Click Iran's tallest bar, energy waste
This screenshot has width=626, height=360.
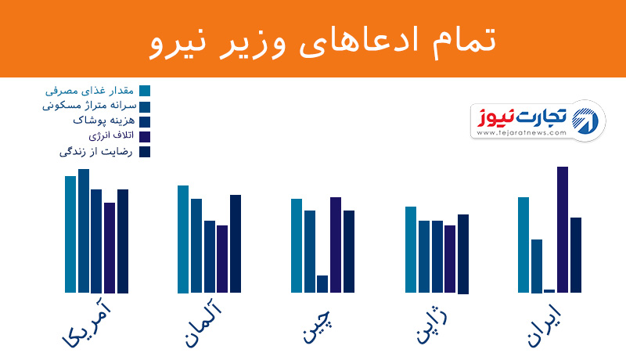[x=563, y=229]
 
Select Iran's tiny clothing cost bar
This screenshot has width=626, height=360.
[x=549, y=291]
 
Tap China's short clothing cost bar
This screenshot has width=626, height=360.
[x=322, y=284]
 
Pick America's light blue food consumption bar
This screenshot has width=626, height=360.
[x=70, y=234]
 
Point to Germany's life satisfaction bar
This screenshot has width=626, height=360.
[x=236, y=244]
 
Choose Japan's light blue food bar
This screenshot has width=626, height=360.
[x=411, y=250]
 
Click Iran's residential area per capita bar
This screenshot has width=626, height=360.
[x=537, y=266]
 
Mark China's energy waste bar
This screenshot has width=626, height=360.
[x=336, y=245]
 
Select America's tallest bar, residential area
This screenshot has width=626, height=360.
[x=84, y=231]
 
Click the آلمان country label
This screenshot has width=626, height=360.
[x=203, y=324]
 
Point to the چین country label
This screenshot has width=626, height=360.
[x=317, y=326]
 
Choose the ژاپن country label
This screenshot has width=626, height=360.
[x=432, y=326]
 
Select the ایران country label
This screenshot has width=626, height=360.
[x=544, y=326]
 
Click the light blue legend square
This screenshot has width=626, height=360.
[x=145, y=91]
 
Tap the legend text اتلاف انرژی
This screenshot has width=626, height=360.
[x=111, y=135]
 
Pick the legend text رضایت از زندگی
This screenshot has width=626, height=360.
[x=95, y=152]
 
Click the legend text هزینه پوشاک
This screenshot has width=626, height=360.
[x=104, y=121]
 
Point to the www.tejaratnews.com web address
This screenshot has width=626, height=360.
[x=521, y=133]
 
